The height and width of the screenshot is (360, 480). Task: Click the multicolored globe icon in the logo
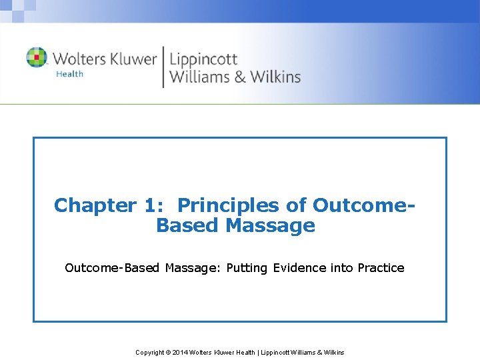pyautogui.click(x=37, y=57)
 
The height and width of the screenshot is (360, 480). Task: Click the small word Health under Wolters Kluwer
pyautogui.click(x=69, y=74)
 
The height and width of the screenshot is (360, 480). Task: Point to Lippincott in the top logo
pyautogui.click(x=203, y=59)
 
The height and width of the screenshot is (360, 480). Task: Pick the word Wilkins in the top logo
pyautogui.click(x=275, y=77)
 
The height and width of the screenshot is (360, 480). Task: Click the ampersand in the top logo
pyautogui.click(x=238, y=77)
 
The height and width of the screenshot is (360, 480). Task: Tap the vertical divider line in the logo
pyautogui.click(x=163, y=67)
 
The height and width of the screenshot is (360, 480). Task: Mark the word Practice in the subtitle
pyautogui.click(x=381, y=268)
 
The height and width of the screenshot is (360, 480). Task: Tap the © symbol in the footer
pyautogui.click(x=167, y=352)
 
